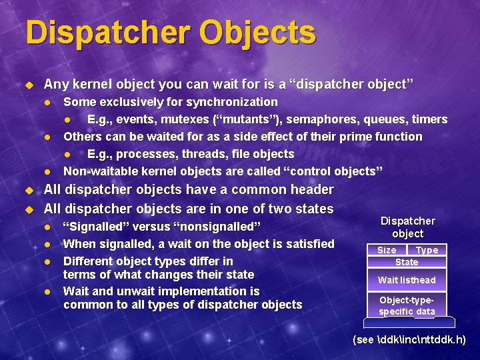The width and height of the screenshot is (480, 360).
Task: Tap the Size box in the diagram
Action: [x=387, y=250]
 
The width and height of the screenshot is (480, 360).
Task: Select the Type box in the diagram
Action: [x=427, y=250]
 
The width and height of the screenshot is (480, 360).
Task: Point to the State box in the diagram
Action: [x=407, y=262]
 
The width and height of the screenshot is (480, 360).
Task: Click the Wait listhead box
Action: [x=407, y=280]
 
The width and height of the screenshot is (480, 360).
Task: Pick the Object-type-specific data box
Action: [x=407, y=306]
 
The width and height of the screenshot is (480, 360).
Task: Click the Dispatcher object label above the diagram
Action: [x=407, y=227]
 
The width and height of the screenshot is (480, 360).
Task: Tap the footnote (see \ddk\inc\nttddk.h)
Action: [x=409, y=340]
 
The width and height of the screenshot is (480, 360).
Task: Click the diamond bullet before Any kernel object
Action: [x=29, y=85]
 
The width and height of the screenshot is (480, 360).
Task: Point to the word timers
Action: [x=430, y=119]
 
